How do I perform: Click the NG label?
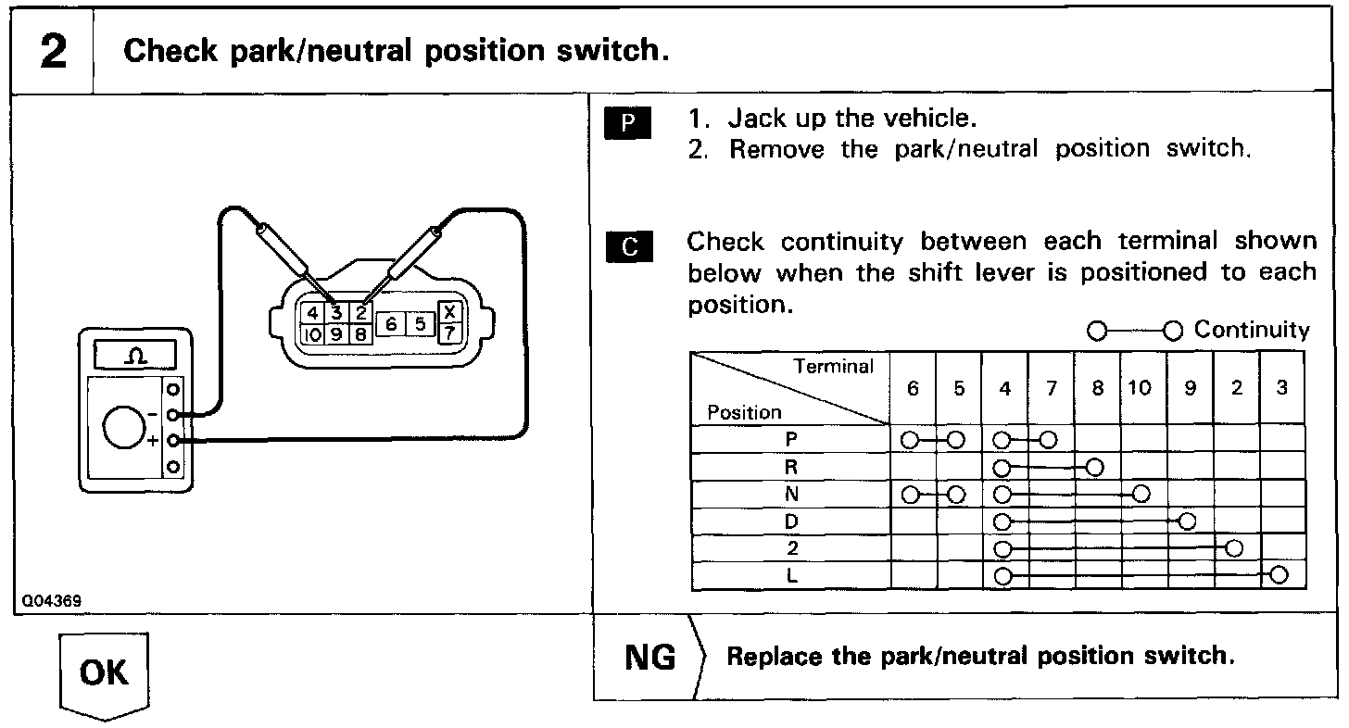(x=650, y=657)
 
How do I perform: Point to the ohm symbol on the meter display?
(x=135, y=357)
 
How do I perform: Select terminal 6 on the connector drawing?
(x=392, y=323)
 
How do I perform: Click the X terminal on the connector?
(x=449, y=313)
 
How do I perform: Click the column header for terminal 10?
(x=1141, y=389)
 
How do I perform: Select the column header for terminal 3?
(x=1281, y=389)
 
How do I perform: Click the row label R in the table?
(x=790, y=468)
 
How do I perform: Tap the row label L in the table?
(x=790, y=575)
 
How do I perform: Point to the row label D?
(x=790, y=521)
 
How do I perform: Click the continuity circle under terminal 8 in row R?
(x=1095, y=466)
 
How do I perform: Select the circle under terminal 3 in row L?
(x=1280, y=575)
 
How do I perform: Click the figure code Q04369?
(x=54, y=601)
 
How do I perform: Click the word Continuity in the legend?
(x=1252, y=330)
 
